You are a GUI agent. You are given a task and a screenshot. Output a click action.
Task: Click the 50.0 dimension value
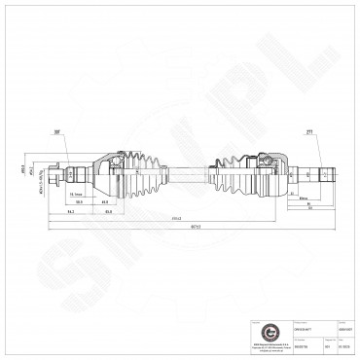pos(79,202)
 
